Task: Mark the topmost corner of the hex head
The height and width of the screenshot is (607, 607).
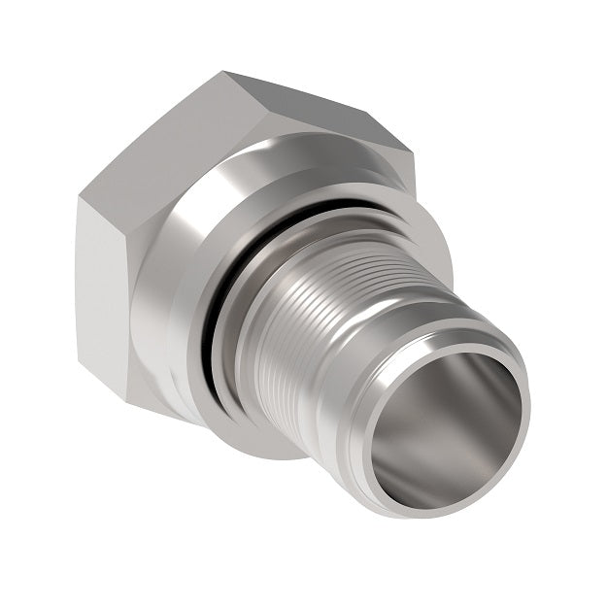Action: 225,73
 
